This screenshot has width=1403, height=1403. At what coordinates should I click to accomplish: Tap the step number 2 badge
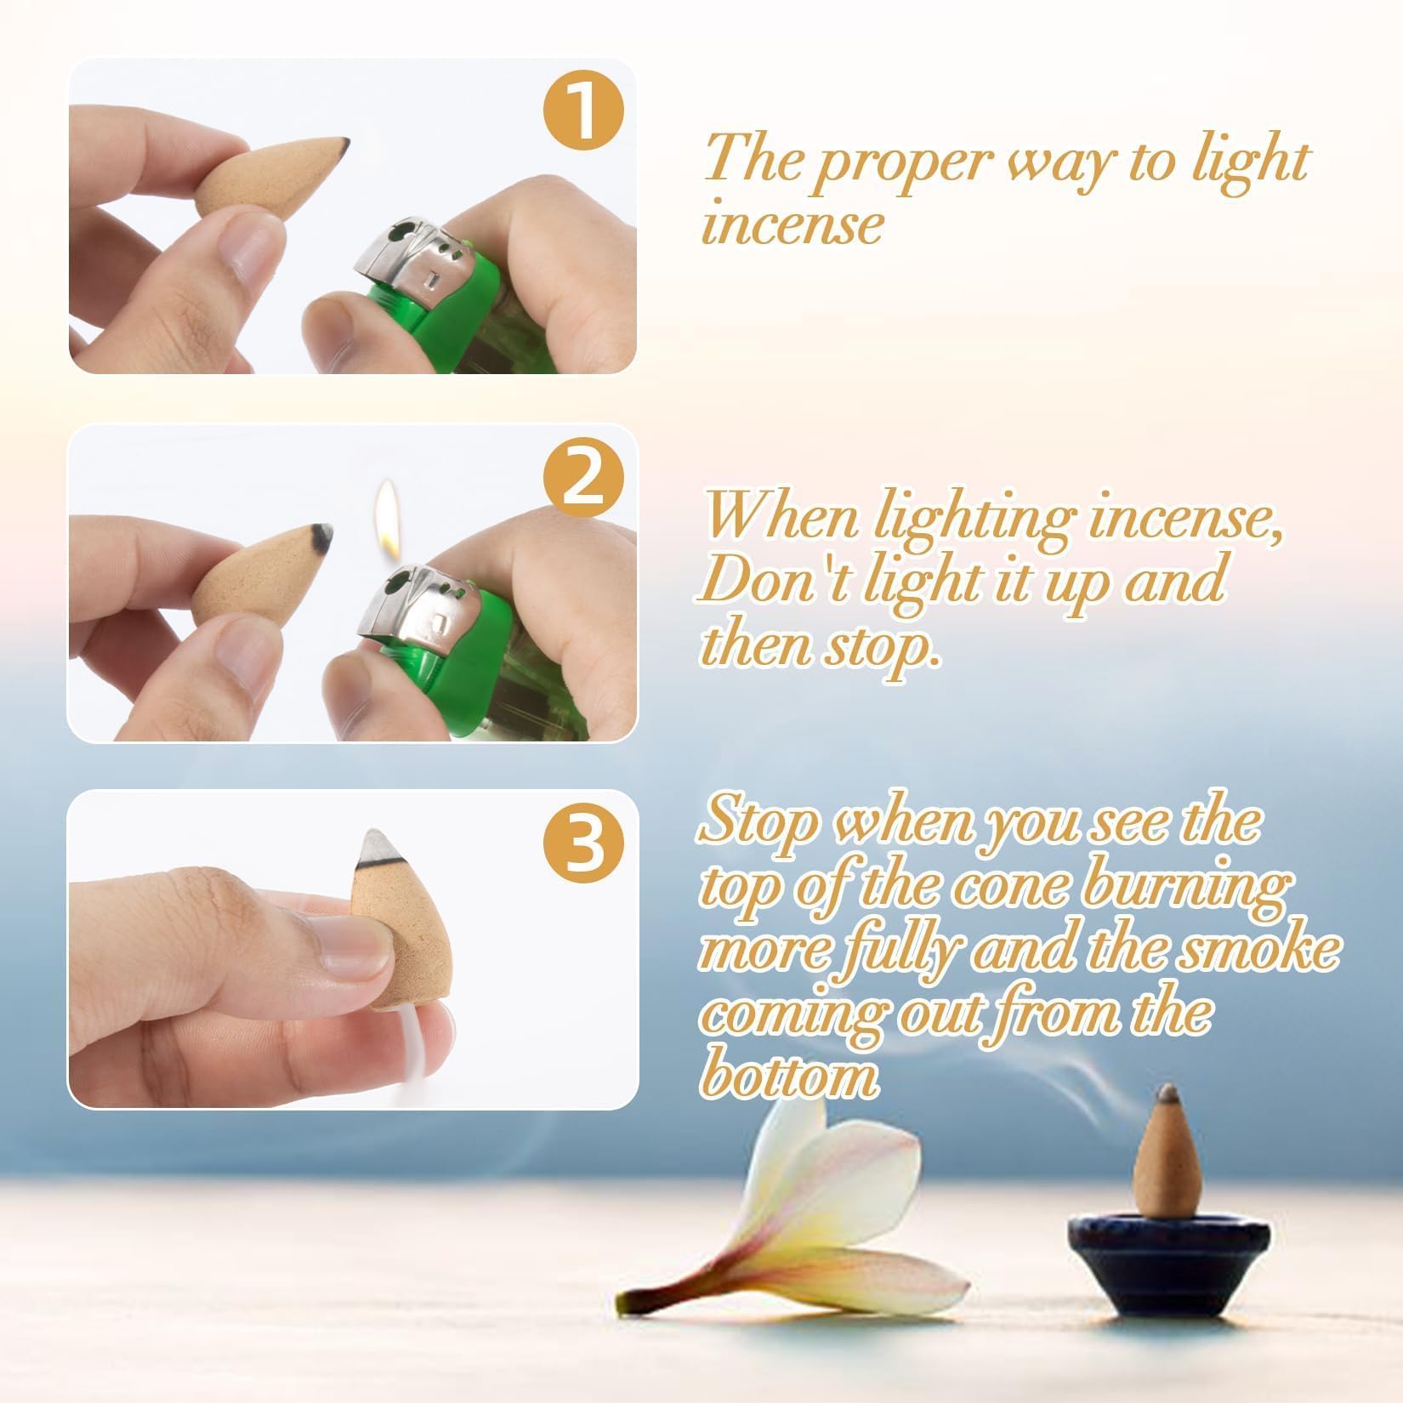(x=584, y=483)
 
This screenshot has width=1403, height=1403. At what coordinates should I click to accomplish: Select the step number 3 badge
(x=584, y=848)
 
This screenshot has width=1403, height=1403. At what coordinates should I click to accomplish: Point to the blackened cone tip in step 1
(x=342, y=144)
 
